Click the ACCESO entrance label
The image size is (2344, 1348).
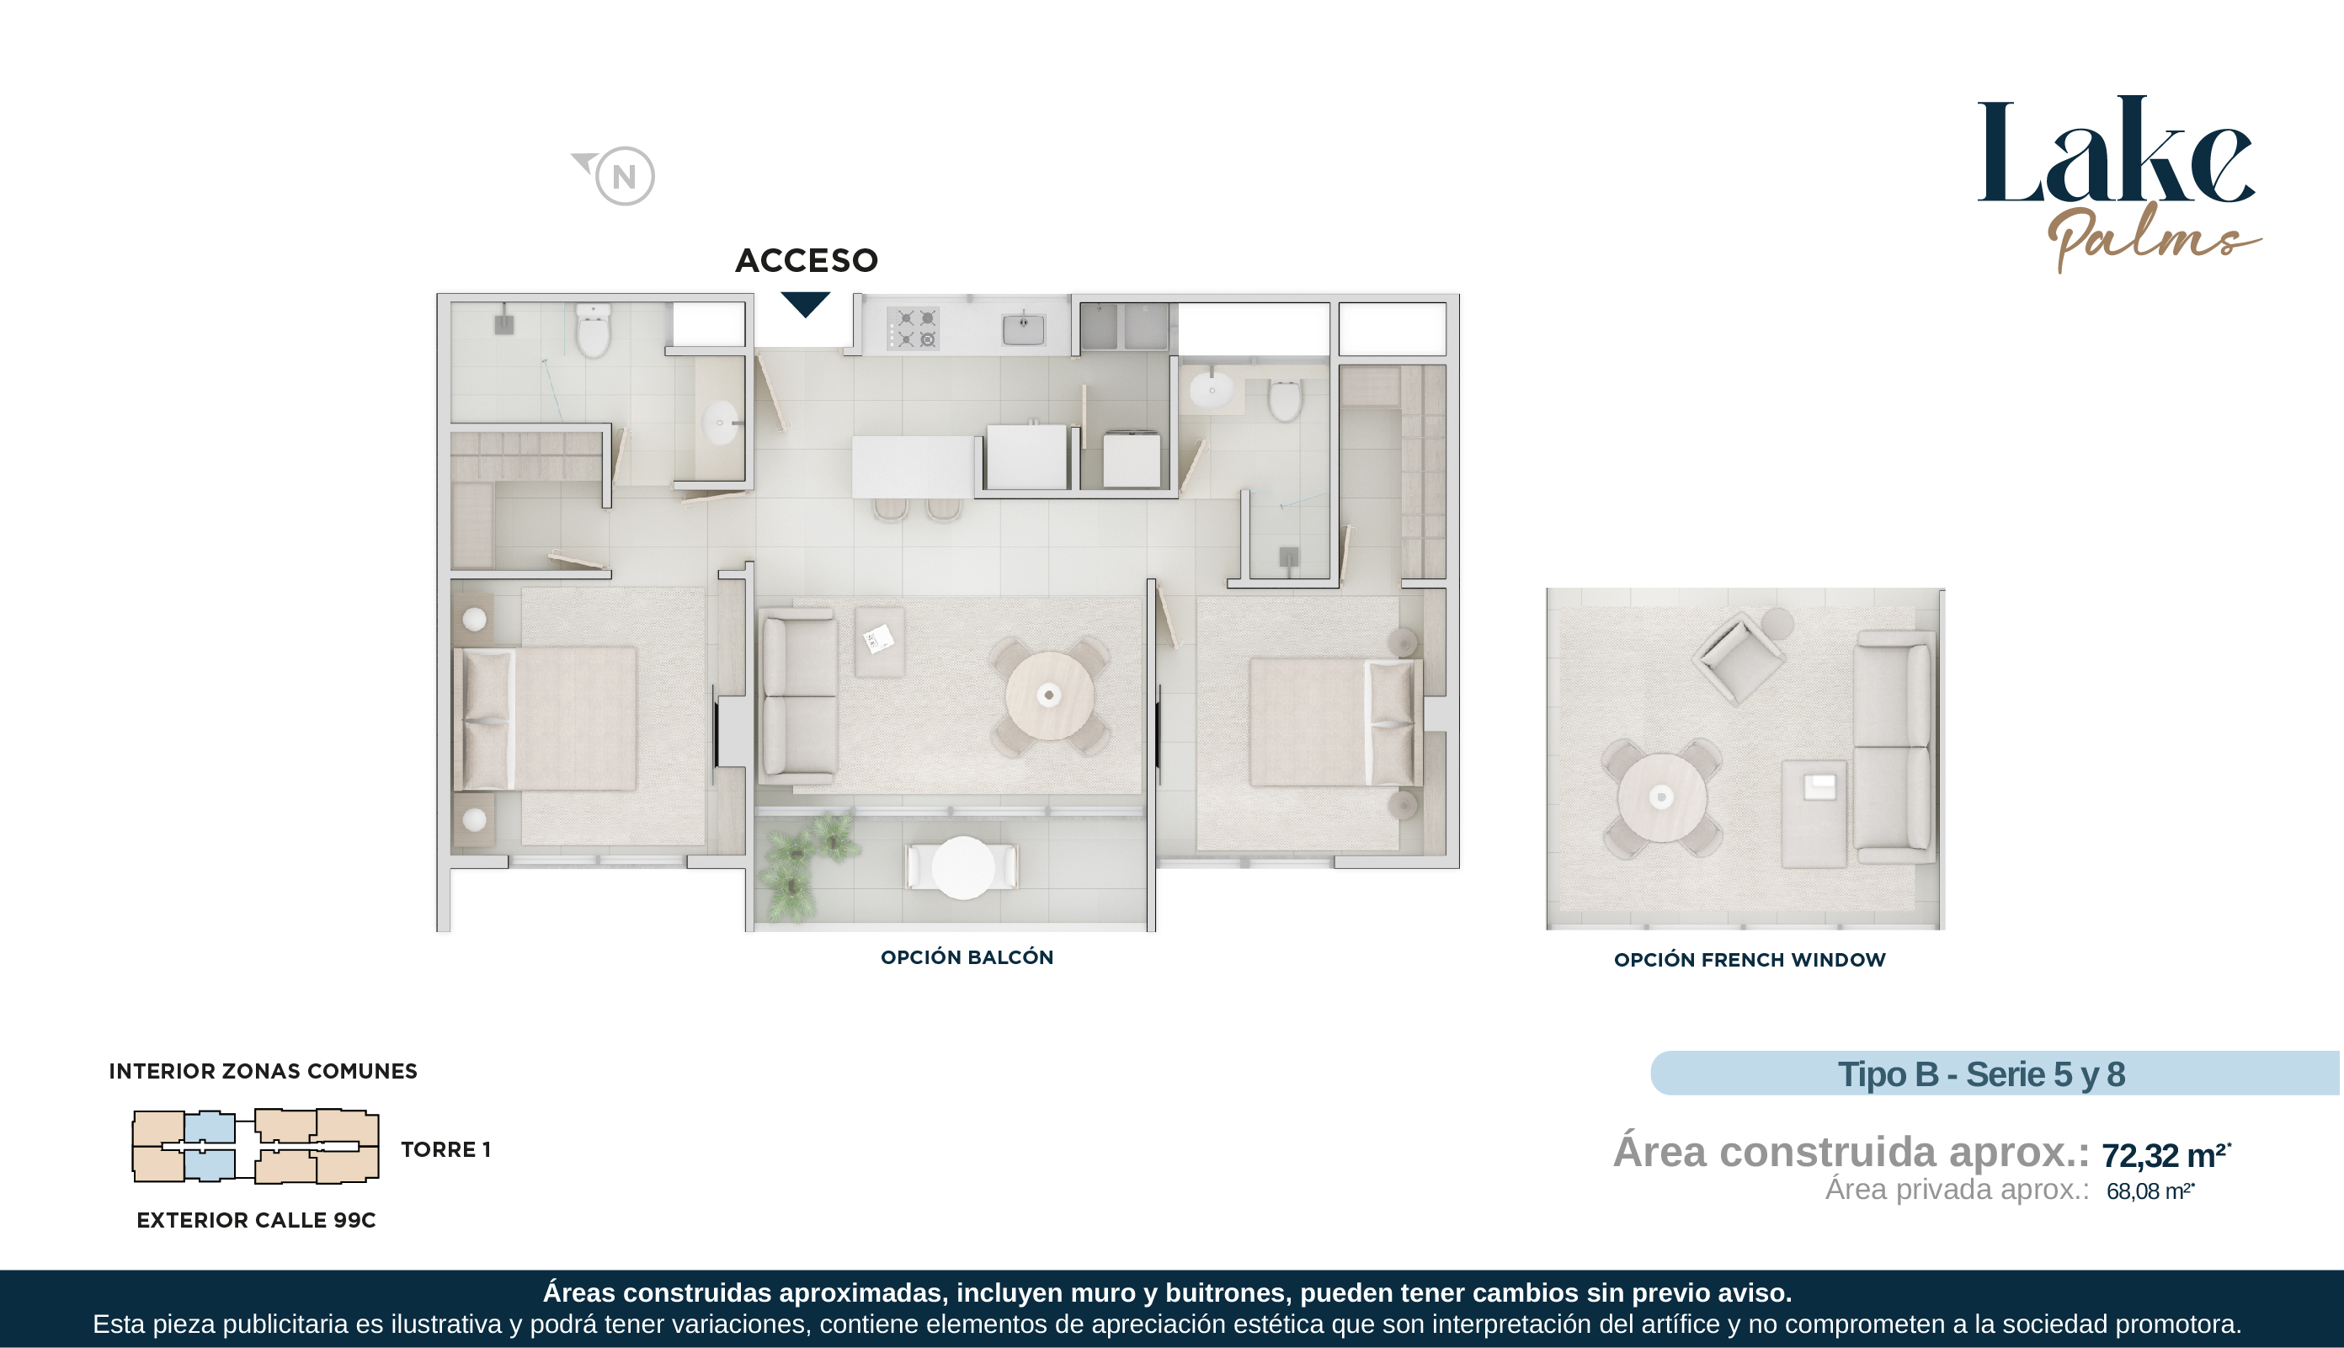click(x=807, y=261)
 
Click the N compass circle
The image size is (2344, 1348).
click(x=625, y=176)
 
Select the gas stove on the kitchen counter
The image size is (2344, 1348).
click(x=913, y=328)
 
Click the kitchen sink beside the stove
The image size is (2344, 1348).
click(x=1023, y=328)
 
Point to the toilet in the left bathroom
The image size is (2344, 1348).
click(x=594, y=331)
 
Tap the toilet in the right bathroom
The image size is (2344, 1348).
click(x=1285, y=399)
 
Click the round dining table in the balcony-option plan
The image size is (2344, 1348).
click(x=1050, y=695)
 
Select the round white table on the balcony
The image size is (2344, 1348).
click(x=963, y=868)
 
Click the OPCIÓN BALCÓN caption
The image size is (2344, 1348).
click(x=967, y=957)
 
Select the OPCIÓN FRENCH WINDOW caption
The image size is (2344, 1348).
click(x=1750, y=960)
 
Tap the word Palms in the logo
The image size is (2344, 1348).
click(x=2153, y=236)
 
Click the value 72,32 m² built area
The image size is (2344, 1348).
click(x=2166, y=1154)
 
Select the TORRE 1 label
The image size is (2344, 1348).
click(x=445, y=1150)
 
